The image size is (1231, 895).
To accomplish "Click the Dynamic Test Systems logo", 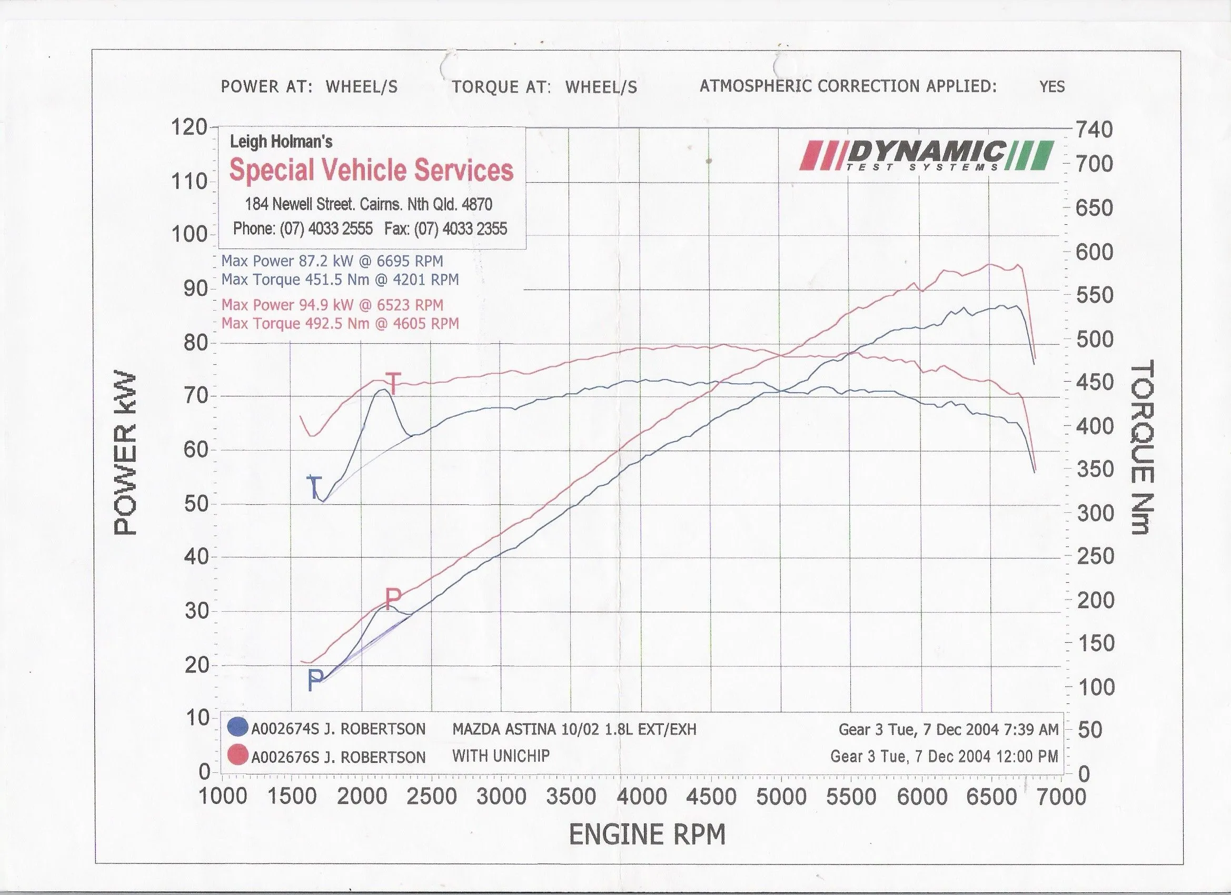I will pos(927,156).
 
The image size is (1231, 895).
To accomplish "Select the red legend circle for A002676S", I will pos(238,755).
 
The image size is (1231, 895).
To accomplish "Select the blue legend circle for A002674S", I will pos(238,727).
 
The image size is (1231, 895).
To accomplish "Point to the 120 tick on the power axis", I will pos(190,128).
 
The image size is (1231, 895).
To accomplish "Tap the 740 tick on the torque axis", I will pos(1094,130).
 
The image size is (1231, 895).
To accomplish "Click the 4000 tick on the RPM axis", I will pos(641,797).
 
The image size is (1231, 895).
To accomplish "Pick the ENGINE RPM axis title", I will pos(647,835).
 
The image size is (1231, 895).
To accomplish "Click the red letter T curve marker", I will pos(393,384).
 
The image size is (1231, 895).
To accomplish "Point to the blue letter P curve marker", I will pos(315,680).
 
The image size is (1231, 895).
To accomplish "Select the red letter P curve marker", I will pos(393,599).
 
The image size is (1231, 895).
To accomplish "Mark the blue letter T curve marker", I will pos(315,487).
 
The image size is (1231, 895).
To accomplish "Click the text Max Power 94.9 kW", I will pos(287,305).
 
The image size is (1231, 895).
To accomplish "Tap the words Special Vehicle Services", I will pos(371,171).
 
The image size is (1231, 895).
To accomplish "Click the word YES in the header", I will pos(1052,87).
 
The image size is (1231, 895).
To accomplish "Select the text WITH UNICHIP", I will pos(501,755).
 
